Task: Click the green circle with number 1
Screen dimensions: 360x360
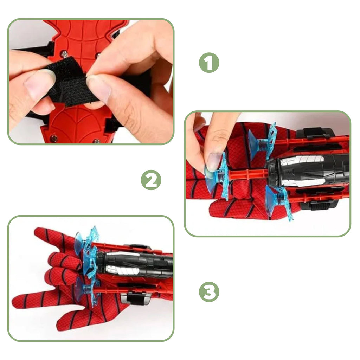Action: (209, 63)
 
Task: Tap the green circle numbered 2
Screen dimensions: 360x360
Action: (151, 180)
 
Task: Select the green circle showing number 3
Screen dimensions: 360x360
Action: (209, 292)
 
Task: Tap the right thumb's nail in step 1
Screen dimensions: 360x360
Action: (98, 88)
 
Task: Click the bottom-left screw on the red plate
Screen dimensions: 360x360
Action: (54, 138)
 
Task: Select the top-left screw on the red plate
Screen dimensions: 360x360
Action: (64, 54)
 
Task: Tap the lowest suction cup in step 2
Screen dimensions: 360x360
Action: (270, 201)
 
